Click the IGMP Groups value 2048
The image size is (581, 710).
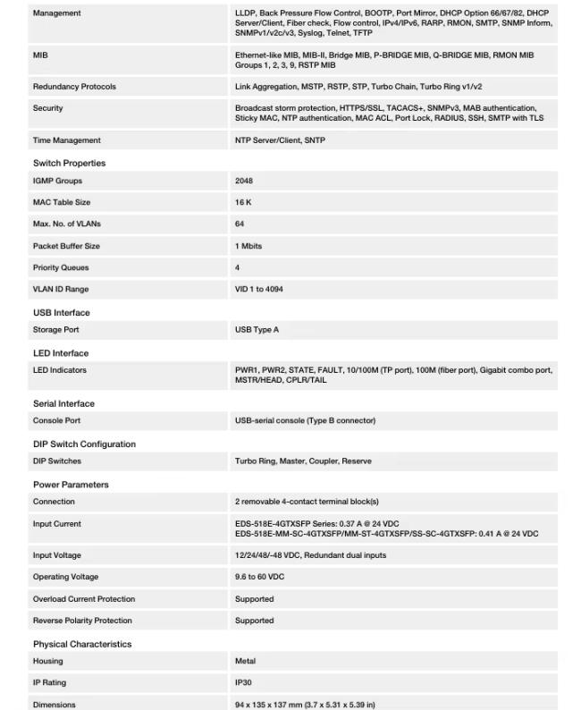pyautogui.click(x=243, y=181)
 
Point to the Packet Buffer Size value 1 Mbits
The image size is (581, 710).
pyautogui.click(x=248, y=246)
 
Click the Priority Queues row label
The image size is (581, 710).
pyautogui.click(x=61, y=267)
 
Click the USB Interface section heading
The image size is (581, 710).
pyautogui.click(x=62, y=313)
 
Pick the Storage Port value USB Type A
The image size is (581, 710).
pyautogui.click(x=257, y=330)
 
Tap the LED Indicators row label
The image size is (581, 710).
pyautogui.click(x=60, y=370)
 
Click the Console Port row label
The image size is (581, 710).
pyautogui.click(x=56, y=420)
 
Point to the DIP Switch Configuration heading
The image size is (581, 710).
pyautogui.click(x=84, y=444)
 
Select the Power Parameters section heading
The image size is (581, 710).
pyautogui.click(x=71, y=485)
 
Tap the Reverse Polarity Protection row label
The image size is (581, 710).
pyautogui.click(x=82, y=621)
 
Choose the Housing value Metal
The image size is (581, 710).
pyautogui.click(x=245, y=661)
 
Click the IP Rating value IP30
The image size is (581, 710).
pyautogui.click(x=244, y=682)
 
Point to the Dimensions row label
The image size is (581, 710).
pyautogui.click(x=54, y=705)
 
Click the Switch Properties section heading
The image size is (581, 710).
pyautogui.click(x=69, y=164)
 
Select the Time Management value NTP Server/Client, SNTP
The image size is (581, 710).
pyautogui.click(x=280, y=140)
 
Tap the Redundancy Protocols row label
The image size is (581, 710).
pyautogui.click(x=74, y=87)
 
